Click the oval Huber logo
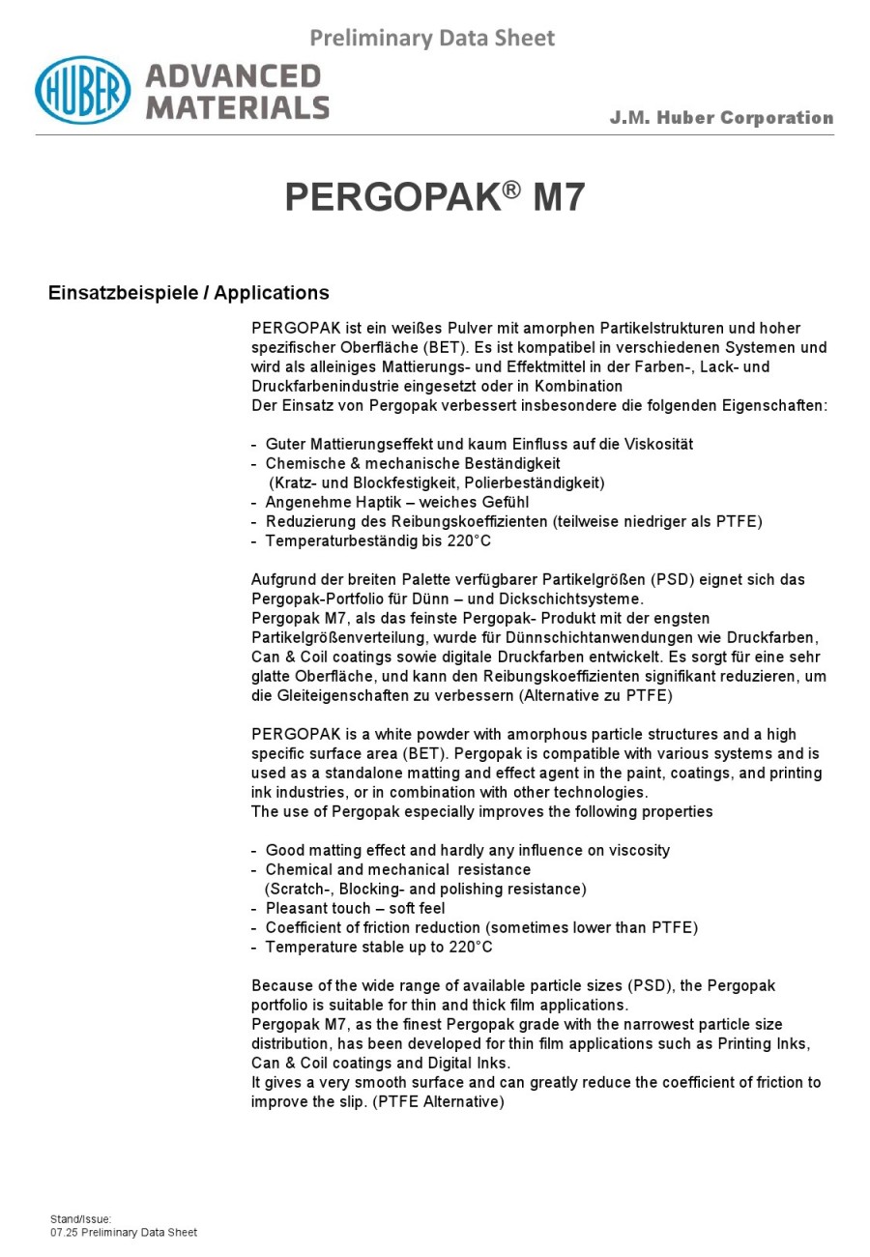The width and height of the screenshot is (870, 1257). point(83,90)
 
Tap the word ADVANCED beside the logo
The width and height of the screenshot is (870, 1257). point(233,76)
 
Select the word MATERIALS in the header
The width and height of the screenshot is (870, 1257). point(238,106)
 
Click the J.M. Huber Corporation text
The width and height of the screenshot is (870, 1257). point(721,118)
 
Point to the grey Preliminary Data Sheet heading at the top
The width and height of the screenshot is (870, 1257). point(432,39)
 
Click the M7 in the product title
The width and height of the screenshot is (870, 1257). point(559,197)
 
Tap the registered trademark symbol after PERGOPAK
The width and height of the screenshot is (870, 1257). point(512,187)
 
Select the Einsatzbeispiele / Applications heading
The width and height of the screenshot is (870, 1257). point(188,293)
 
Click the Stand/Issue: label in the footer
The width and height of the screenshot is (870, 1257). point(81,1219)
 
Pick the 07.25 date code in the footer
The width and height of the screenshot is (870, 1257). point(64,1233)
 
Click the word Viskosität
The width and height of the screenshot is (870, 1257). point(653,445)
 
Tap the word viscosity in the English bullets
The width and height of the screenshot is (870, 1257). point(634,851)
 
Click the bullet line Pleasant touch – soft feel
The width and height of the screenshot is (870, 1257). point(355,909)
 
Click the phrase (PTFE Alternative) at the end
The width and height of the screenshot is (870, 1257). point(438,1102)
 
